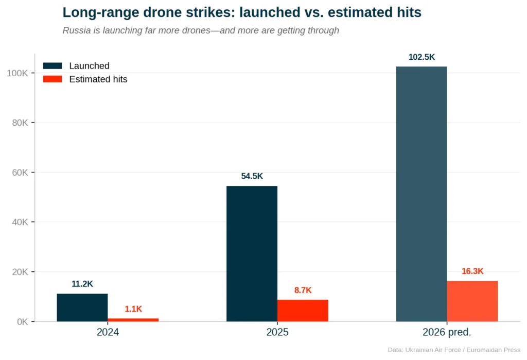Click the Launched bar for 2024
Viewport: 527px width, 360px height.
point(82,307)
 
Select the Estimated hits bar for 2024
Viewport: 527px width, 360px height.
point(133,320)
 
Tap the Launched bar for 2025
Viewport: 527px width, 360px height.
point(252,253)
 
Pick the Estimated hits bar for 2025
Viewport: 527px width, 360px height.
point(303,311)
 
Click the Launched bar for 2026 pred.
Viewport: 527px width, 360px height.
point(421,194)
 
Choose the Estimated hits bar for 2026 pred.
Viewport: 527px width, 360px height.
point(472,301)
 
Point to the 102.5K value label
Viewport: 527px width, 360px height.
point(421,57)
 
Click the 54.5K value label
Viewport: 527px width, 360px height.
point(252,177)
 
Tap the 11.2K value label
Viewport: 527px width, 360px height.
point(82,284)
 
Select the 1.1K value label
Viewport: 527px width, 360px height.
point(133,309)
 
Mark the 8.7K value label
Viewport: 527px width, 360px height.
point(303,290)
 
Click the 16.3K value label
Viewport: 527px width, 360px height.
point(472,271)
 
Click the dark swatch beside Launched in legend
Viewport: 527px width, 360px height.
point(52,66)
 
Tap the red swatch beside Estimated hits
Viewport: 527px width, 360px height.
point(52,79)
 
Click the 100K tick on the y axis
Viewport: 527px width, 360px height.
point(19,73)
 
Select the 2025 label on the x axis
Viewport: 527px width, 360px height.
point(277,332)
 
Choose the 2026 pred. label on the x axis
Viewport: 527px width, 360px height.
point(447,332)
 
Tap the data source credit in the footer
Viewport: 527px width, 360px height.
point(454,350)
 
